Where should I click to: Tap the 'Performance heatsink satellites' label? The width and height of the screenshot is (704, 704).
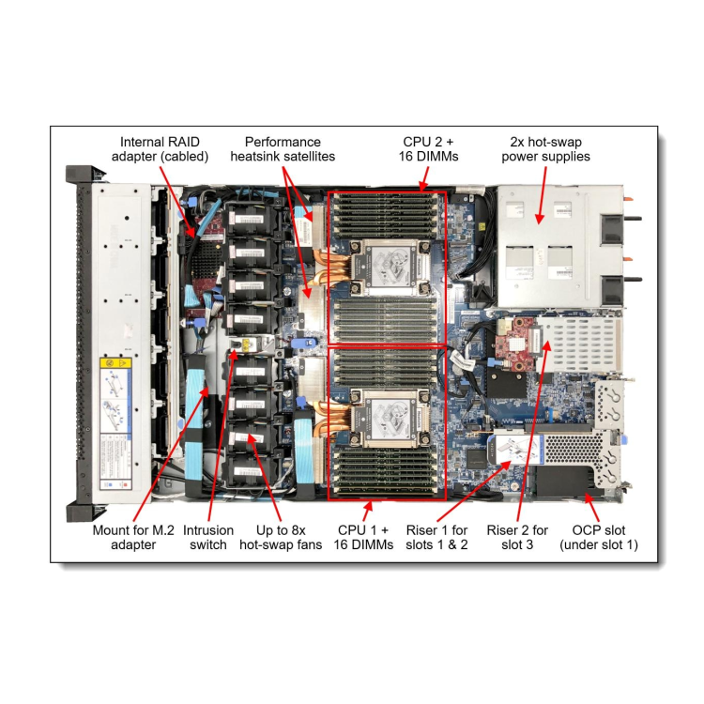tap(283, 148)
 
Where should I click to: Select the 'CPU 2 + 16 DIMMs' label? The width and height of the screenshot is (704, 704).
tap(430, 148)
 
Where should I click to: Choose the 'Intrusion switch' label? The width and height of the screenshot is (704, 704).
tap(207, 536)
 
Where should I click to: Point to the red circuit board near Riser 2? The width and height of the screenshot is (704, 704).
tap(517, 343)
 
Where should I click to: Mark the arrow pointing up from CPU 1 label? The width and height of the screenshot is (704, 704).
tap(373, 506)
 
